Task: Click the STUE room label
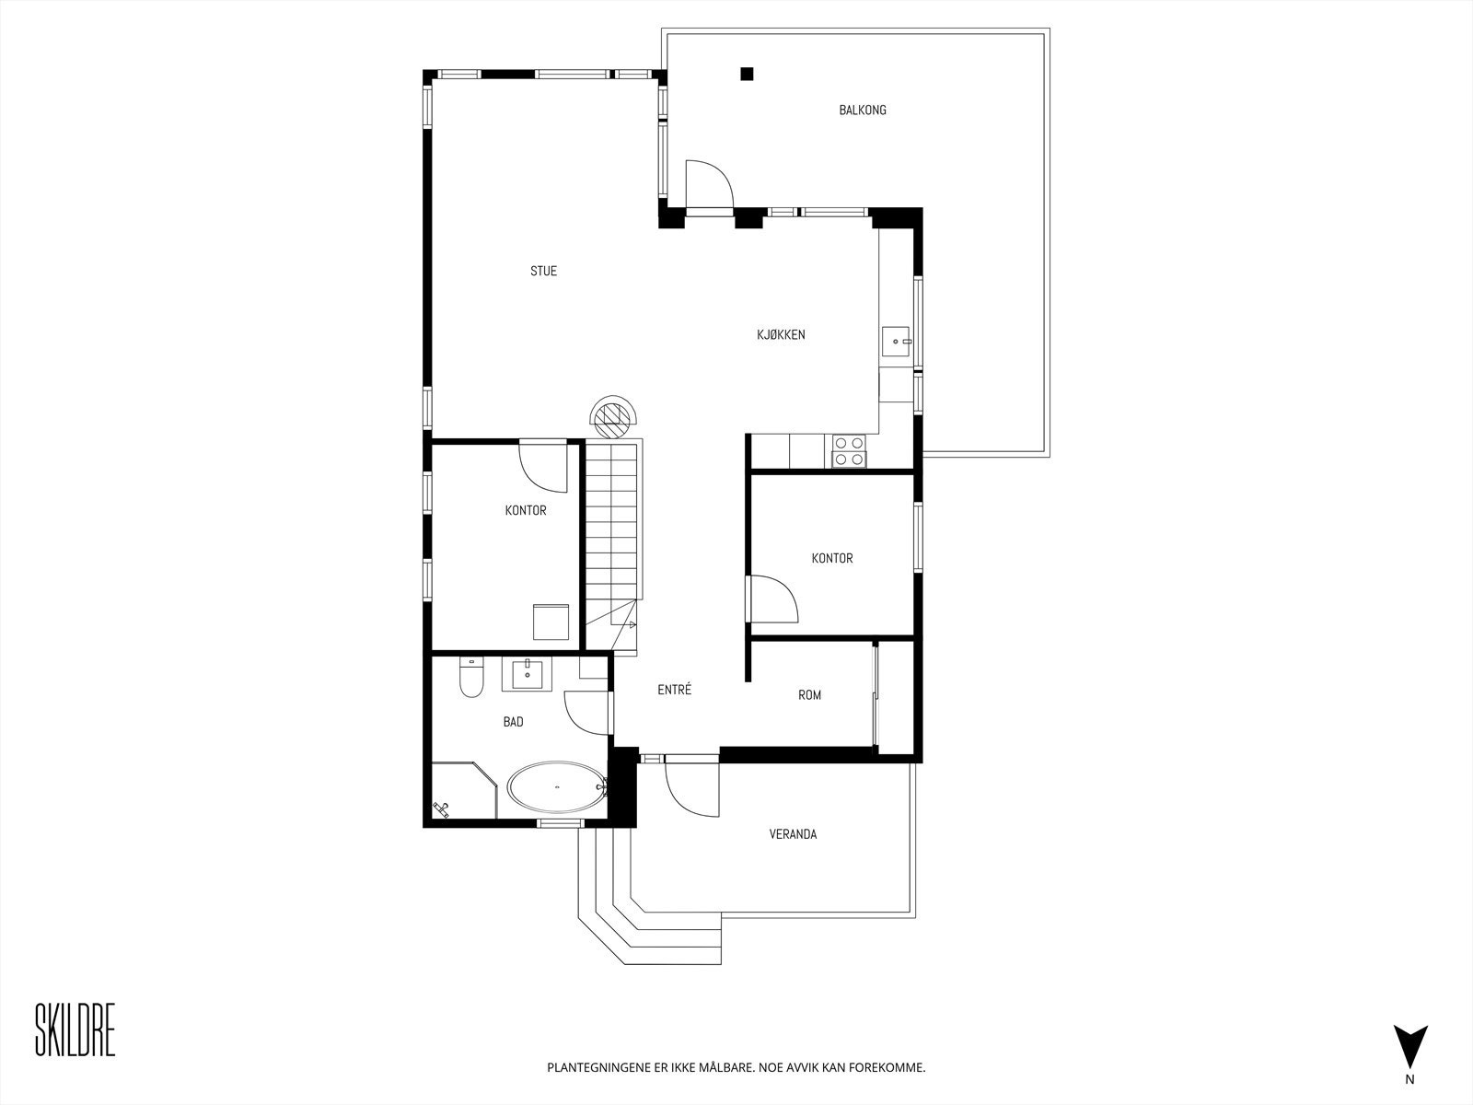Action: click(x=543, y=271)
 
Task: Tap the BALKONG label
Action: click(x=862, y=110)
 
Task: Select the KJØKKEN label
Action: click(x=781, y=334)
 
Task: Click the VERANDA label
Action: click(x=793, y=834)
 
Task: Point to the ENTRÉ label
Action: click(x=674, y=690)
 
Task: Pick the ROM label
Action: click(x=809, y=695)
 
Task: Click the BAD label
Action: click(x=513, y=722)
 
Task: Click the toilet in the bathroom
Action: click(x=471, y=678)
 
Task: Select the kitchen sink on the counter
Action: click(x=896, y=342)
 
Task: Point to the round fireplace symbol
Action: click(x=614, y=419)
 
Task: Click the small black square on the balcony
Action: click(x=748, y=74)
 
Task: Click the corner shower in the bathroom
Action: click(x=460, y=790)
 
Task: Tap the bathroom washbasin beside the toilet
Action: click(x=527, y=674)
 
